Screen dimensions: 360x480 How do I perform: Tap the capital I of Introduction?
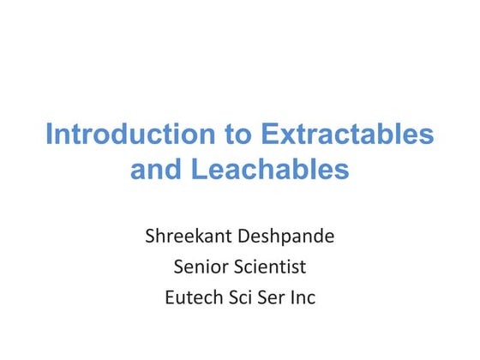coord(49,135)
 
